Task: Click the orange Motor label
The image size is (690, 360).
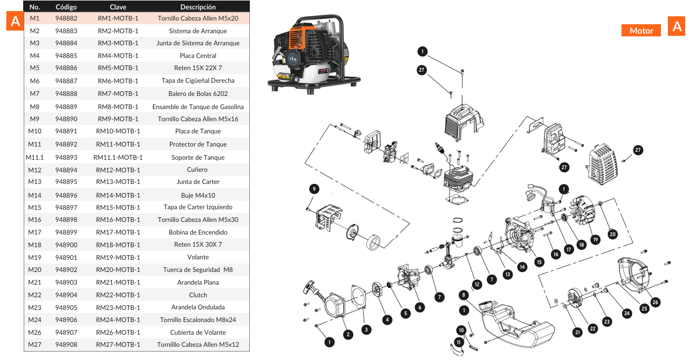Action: tap(641, 31)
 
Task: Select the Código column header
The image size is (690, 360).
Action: tap(66, 7)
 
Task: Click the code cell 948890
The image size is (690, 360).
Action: tap(66, 119)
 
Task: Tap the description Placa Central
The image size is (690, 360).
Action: tap(198, 55)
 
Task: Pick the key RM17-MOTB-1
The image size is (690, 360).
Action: tap(118, 232)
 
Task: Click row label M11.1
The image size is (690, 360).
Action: tap(35, 157)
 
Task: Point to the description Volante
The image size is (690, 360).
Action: tap(198, 257)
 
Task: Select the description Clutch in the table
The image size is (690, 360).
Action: tap(198, 295)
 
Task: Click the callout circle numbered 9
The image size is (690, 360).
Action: tap(314, 189)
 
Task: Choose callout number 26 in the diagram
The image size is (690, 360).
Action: tap(655, 302)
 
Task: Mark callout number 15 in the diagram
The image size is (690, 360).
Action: tap(538, 261)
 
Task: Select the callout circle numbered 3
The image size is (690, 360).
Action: tap(366, 329)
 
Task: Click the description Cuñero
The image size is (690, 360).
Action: tap(198, 170)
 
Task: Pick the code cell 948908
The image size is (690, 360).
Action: tap(66, 345)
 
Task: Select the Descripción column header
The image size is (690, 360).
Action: tap(198, 7)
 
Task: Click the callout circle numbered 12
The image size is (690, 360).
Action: tap(477, 284)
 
